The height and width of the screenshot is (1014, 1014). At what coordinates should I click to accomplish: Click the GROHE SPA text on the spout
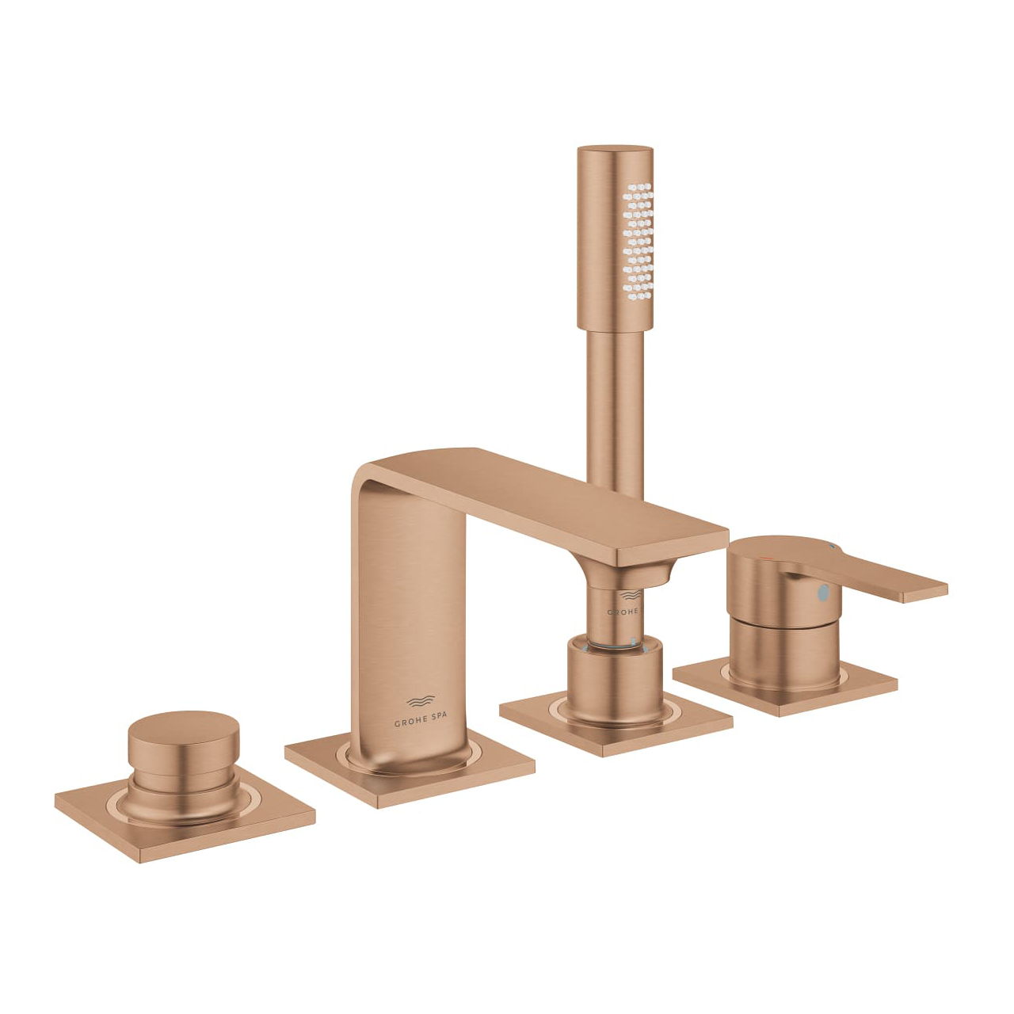tap(420, 722)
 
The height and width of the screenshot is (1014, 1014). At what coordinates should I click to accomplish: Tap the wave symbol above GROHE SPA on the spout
tap(420, 701)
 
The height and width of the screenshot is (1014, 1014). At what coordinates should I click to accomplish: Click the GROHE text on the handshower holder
tap(625, 612)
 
